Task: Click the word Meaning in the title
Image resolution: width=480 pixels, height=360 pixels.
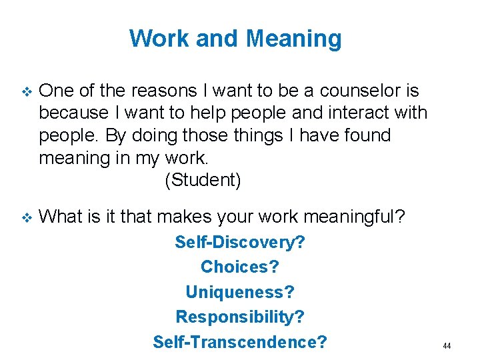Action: point(293,39)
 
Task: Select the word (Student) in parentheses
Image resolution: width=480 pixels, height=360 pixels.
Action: point(202,180)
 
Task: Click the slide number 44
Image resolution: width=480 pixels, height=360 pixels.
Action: point(447,346)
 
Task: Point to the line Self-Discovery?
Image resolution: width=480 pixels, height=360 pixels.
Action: point(240,242)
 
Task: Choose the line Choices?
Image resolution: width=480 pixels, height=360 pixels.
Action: point(240,267)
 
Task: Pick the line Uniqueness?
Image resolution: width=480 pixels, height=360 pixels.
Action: point(240,292)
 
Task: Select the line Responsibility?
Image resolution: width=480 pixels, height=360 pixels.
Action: point(240,317)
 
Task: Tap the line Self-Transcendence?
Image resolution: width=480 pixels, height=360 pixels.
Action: point(240,342)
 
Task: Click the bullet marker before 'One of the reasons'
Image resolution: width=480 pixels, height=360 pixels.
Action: point(26,91)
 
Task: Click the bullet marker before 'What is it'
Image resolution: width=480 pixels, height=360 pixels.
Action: point(26,217)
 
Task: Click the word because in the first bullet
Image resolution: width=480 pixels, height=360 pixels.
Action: point(73,113)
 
